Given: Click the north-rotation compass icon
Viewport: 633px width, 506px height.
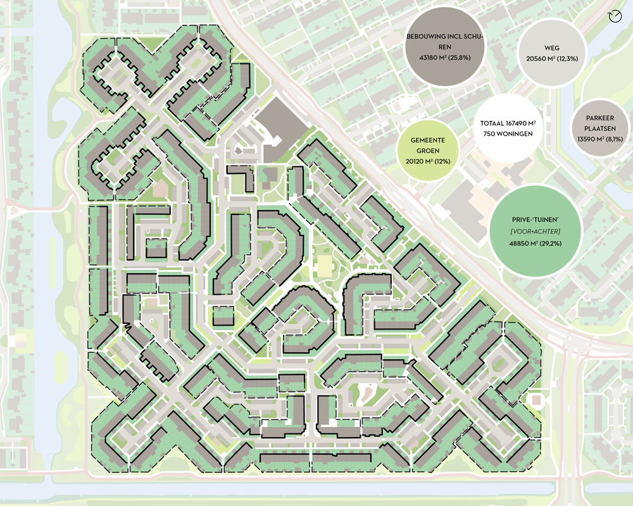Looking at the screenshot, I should point(613,16).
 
